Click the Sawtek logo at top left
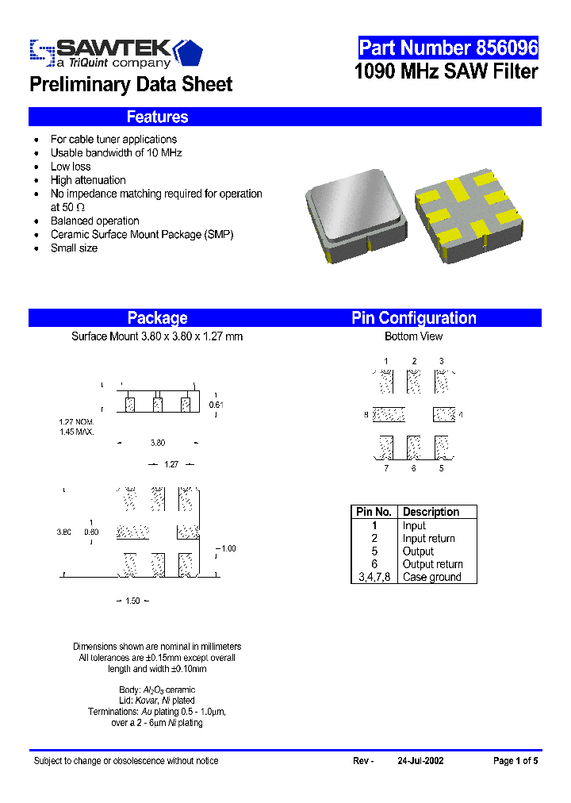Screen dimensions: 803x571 [x=116, y=52]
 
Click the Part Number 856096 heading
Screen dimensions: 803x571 [x=448, y=48]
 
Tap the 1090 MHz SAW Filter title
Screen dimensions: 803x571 [x=446, y=72]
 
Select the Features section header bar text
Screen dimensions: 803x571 [x=157, y=117]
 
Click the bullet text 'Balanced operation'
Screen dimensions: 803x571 [x=94, y=221]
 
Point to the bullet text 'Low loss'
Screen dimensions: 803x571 [x=71, y=167]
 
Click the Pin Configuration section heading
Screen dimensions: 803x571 [x=413, y=318]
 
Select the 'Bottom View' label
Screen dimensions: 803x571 [x=413, y=336]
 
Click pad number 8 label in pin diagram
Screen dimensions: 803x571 [x=366, y=415]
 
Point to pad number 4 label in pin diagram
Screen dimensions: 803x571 [x=461, y=415]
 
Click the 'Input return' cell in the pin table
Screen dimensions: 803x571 [x=428, y=538]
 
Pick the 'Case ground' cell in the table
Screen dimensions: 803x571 [x=431, y=577]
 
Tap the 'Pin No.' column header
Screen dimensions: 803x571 [x=374, y=512]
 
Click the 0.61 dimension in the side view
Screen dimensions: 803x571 [x=216, y=405]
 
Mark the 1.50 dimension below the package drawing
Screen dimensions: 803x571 [x=132, y=601]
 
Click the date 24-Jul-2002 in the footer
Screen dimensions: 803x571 [x=420, y=761]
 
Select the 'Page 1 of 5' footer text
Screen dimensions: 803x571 [x=515, y=761]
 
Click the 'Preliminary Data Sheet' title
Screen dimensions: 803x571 [x=131, y=85]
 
